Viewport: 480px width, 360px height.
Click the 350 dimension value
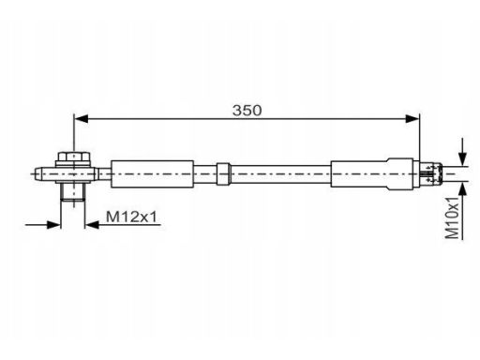pos(247,111)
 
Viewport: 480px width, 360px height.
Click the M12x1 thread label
pos(131,217)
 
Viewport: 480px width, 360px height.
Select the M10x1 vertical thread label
pos(452,217)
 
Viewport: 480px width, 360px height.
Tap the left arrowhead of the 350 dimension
pos(82,119)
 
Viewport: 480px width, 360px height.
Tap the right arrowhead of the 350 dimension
pos(412,119)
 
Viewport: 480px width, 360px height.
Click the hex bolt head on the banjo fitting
pos(74,157)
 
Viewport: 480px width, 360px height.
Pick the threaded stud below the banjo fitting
pos(73,192)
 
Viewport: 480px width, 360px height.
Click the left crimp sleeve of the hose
pos(152,174)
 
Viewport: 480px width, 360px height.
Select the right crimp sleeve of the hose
pos(372,173)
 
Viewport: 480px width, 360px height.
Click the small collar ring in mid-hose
pos(223,173)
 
